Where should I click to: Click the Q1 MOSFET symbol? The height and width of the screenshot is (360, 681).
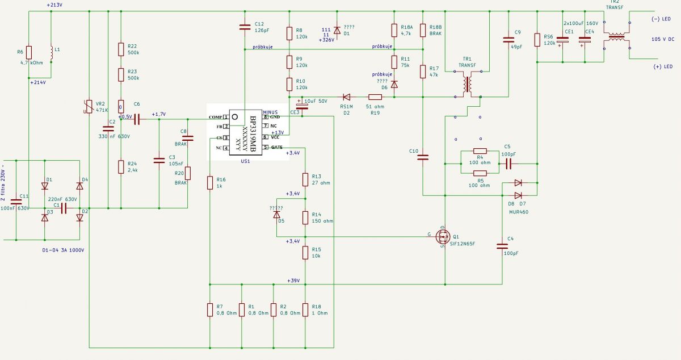(x=443, y=236)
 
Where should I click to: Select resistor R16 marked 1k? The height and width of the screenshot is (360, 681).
(x=210, y=183)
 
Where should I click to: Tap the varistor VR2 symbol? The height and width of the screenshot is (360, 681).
(x=89, y=107)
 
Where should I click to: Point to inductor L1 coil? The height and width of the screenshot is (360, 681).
(x=52, y=53)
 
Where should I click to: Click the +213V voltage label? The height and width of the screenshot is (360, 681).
(x=54, y=5)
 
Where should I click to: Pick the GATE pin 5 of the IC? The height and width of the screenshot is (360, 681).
(x=266, y=147)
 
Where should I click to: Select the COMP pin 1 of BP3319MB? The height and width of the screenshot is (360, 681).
(x=226, y=117)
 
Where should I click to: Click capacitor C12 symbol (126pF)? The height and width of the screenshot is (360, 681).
(x=245, y=27)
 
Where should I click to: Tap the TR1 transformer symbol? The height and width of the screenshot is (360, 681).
(x=468, y=84)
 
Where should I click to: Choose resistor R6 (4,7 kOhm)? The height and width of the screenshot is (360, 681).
(x=28, y=52)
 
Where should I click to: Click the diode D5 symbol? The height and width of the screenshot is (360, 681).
(x=276, y=215)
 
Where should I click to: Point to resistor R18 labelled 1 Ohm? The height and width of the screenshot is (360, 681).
(x=305, y=310)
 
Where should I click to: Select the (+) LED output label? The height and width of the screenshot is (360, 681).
(x=663, y=66)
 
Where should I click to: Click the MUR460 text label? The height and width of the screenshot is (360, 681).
(x=519, y=212)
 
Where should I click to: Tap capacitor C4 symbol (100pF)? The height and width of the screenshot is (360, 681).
(x=502, y=246)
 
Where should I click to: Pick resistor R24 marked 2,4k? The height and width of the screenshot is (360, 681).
(x=121, y=167)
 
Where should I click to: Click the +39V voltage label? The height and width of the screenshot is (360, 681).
(x=293, y=281)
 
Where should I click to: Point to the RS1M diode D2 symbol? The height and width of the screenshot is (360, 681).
(x=346, y=97)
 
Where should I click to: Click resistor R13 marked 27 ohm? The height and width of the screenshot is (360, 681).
(x=305, y=179)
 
